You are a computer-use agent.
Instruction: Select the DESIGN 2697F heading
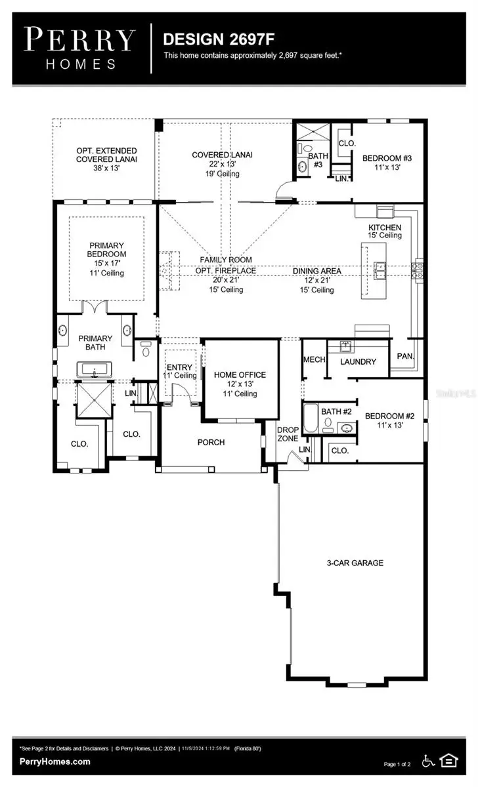[x=206, y=39]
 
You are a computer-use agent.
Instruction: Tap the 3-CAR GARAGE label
[x=355, y=563]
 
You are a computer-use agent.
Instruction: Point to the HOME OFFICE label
[x=240, y=374]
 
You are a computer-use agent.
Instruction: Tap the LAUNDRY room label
[x=358, y=361]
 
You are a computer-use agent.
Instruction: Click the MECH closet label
[x=311, y=360]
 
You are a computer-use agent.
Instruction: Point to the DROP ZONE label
[x=288, y=434]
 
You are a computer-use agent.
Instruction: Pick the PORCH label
[x=211, y=442]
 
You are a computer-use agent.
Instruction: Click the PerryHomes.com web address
[x=55, y=761]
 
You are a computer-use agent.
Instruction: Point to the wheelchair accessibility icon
[x=427, y=761]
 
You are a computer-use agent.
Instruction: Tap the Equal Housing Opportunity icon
[x=449, y=761]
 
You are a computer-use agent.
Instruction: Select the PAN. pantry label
[x=403, y=356]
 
